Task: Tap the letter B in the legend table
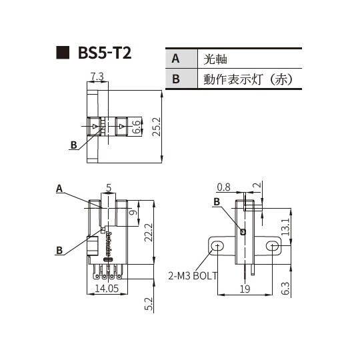click(176, 79)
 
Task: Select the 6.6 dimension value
click(137, 126)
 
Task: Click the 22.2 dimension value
click(149, 232)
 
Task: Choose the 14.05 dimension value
click(107, 289)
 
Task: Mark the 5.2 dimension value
click(149, 304)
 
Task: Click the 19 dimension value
click(245, 289)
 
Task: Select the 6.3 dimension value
click(285, 289)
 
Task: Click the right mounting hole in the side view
click(271, 247)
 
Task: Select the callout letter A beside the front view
click(59, 189)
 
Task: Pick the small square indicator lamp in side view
click(243, 232)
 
